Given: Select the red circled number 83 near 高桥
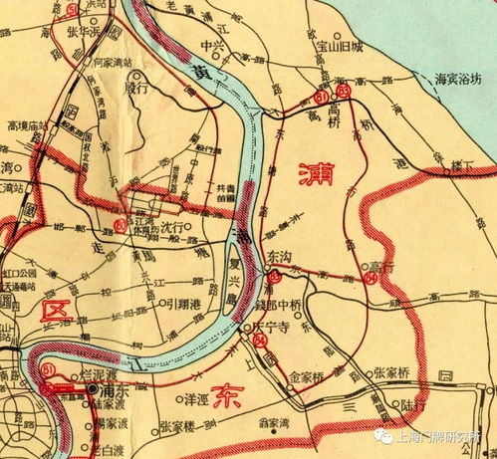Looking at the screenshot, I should point(345,93).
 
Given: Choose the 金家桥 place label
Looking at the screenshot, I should point(307,378).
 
